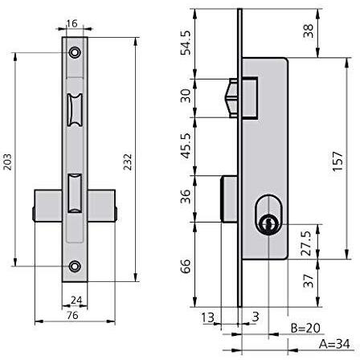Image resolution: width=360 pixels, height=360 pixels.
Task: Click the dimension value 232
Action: click(x=128, y=162)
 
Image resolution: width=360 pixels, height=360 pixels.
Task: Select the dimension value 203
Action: click(x=7, y=162)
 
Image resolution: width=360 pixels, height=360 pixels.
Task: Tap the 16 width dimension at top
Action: click(x=72, y=23)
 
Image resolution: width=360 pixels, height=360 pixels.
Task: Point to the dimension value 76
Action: click(x=72, y=315)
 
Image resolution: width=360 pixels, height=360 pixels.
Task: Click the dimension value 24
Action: click(x=76, y=301)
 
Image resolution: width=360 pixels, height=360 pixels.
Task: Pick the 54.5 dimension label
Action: click(x=186, y=43)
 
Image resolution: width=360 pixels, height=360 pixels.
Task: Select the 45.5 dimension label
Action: click(x=186, y=146)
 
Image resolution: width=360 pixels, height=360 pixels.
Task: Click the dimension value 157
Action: click(x=337, y=161)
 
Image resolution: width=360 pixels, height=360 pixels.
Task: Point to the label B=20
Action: click(x=305, y=328)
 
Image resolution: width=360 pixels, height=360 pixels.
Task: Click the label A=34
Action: click(x=334, y=344)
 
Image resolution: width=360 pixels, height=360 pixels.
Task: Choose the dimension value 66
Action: click(x=186, y=266)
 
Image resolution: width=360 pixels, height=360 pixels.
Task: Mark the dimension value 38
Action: click(x=308, y=31)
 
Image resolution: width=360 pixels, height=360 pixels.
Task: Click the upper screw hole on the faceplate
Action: click(x=75, y=52)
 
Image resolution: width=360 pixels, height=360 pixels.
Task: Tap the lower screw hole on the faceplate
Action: click(x=75, y=266)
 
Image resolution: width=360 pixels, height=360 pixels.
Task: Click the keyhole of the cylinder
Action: click(x=267, y=223)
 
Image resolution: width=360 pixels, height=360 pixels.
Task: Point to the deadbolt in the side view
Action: click(x=229, y=198)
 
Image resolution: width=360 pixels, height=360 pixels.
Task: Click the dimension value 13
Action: click(x=208, y=317)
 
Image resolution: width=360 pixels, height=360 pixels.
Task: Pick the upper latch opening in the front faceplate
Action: click(x=75, y=110)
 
